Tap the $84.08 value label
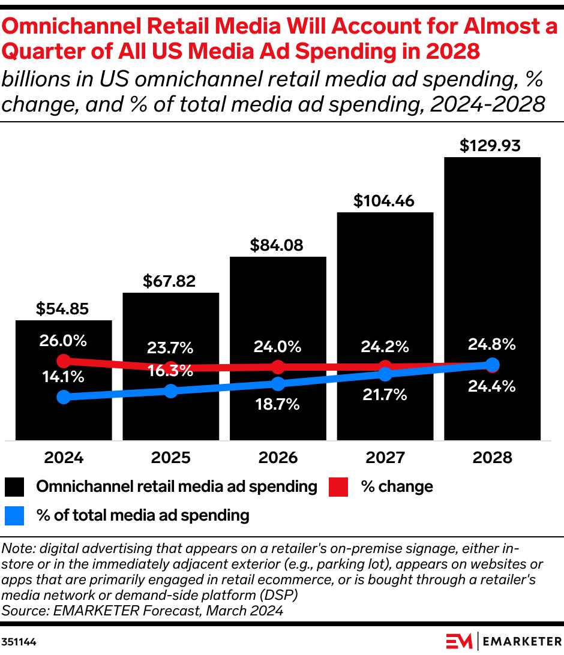[x=277, y=245]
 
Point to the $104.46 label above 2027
[x=384, y=201]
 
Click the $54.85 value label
[x=62, y=309]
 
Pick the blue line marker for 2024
[x=64, y=397]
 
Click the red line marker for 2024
[x=64, y=361]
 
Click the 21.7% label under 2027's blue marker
[x=385, y=395]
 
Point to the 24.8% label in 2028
[x=492, y=344]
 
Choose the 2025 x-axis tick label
[x=170, y=458]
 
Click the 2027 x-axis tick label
[x=385, y=458]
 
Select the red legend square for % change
[x=339, y=487]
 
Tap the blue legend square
[x=14, y=515]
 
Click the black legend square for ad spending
[x=14, y=487]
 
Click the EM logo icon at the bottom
[x=460, y=641]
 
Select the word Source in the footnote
[x=22, y=611]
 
